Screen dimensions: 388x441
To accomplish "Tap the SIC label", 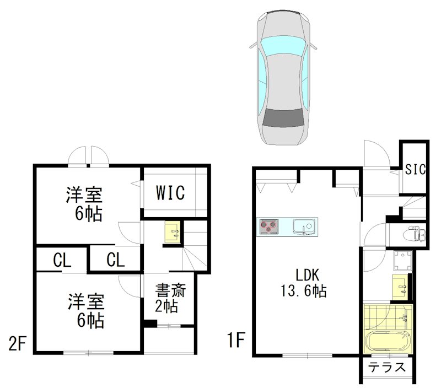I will click(415, 169).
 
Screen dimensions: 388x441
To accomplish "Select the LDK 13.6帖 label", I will click(303, 282).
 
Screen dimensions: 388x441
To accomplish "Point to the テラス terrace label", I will click(388, 367).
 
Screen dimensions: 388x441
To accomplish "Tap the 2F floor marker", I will click(17, 343).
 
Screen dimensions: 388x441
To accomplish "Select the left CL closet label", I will click(62, 260).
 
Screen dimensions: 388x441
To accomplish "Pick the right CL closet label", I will click(115, 260).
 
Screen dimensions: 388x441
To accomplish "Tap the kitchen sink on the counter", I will click(303, 226).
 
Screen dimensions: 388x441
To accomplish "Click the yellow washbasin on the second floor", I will click(172, 232).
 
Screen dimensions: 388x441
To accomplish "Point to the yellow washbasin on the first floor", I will click(402, 286).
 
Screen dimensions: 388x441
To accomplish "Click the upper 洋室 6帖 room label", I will click(85, 203).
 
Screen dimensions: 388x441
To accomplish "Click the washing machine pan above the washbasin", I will click(402, 261).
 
